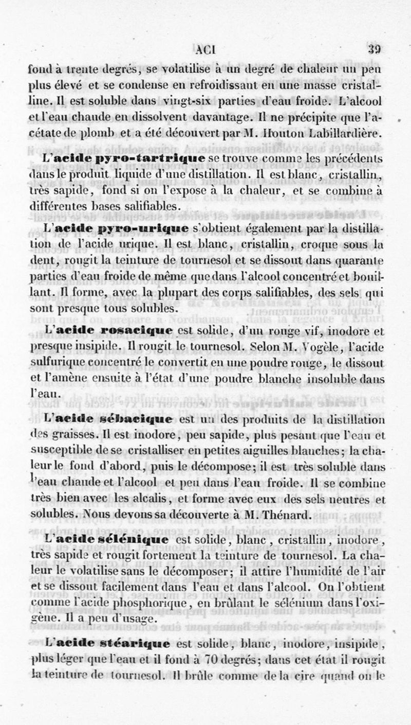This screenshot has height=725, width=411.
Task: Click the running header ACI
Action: [208, 50]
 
